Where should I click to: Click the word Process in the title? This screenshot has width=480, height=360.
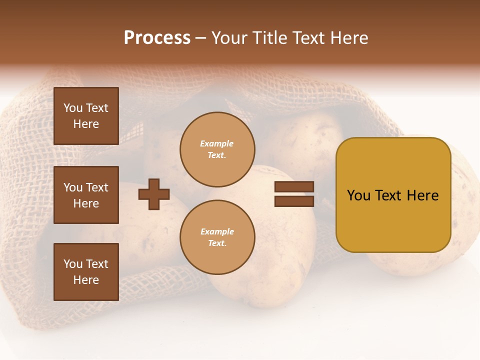tap(157, 38)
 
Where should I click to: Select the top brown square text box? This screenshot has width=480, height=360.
tap(86, 116)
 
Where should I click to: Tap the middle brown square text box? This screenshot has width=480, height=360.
tap(86, 195)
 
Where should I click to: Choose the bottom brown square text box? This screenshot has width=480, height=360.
tap(86, 271)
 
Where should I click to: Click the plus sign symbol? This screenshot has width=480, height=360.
tap(154, 194)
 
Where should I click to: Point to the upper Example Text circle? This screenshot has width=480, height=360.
tap(217, 149)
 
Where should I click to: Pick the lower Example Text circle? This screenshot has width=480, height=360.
tap(217, 237)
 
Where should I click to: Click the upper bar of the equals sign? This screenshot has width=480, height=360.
tap(294, 187)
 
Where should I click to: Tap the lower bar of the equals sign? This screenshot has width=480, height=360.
tap(294, 201)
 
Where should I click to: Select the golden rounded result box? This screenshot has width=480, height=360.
tap(393, 195)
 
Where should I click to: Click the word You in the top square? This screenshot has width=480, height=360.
tap(73, 108)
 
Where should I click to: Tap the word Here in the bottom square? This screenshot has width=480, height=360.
tap(86, 280)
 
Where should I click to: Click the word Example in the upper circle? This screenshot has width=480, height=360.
tap(217, 143)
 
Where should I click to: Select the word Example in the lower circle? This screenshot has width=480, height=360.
tap(217, 231)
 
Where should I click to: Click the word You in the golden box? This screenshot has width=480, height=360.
tap(358, 195)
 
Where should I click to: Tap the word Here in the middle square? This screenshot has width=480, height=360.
tap(86, 203)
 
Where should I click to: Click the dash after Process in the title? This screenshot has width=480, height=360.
tap(201, 38)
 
